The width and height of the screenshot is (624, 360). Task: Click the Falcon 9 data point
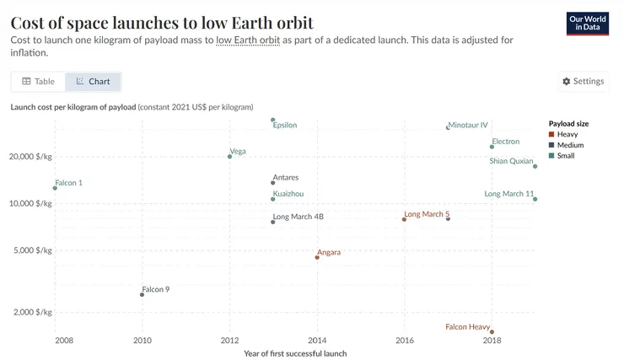142,294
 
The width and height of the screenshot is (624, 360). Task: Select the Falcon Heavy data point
492,332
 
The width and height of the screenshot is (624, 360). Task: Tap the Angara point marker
317,257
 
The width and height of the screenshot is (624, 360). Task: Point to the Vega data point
229,156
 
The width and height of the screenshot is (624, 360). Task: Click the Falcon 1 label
69,183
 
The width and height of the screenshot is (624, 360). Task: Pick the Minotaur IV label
469,125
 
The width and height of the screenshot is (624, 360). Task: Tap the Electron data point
492,147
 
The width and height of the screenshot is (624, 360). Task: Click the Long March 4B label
299,217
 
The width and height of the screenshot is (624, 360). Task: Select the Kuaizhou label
288,194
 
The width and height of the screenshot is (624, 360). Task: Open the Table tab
39,82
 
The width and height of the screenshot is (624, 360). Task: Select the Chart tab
94,82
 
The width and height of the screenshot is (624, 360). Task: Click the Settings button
583,82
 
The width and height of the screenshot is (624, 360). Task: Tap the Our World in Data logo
588,23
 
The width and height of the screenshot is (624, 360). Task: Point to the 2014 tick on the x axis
317,341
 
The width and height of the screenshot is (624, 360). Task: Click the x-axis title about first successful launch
295,353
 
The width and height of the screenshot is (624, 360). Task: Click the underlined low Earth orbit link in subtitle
248,40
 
